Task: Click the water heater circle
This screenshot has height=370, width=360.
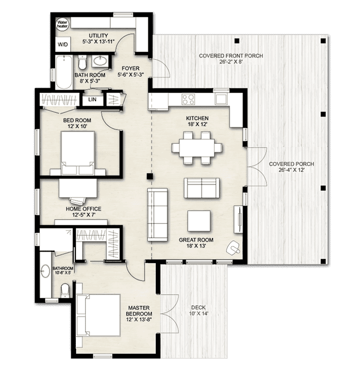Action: point(62,25)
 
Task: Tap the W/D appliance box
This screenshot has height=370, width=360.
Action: point(63,44)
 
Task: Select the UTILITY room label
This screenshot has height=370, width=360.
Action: point(98,36)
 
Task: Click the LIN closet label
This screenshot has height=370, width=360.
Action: point(92,99)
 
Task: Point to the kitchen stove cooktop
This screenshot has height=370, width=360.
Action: point(188,99)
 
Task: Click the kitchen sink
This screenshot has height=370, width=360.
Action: point(221,99)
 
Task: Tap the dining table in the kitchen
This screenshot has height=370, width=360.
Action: point(197,148)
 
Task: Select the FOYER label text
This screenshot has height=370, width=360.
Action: point(131,68)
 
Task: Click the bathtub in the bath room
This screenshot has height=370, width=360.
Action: point(64,72)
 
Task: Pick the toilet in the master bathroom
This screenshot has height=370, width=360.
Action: point(65,290)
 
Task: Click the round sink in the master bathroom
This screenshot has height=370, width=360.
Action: point(45,271)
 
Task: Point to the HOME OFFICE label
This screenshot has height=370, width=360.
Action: point(84,209)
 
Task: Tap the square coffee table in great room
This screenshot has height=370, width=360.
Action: point(199,221)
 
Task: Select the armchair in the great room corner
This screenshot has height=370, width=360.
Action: point(233,248)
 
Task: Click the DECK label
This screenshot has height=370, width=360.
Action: point(198,308)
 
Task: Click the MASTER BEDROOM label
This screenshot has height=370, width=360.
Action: point(139,311)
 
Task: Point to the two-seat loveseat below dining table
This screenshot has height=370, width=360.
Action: point(201,188)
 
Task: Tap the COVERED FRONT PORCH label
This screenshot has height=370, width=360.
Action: point(231,56)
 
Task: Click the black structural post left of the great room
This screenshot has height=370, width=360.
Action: point(150,176)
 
